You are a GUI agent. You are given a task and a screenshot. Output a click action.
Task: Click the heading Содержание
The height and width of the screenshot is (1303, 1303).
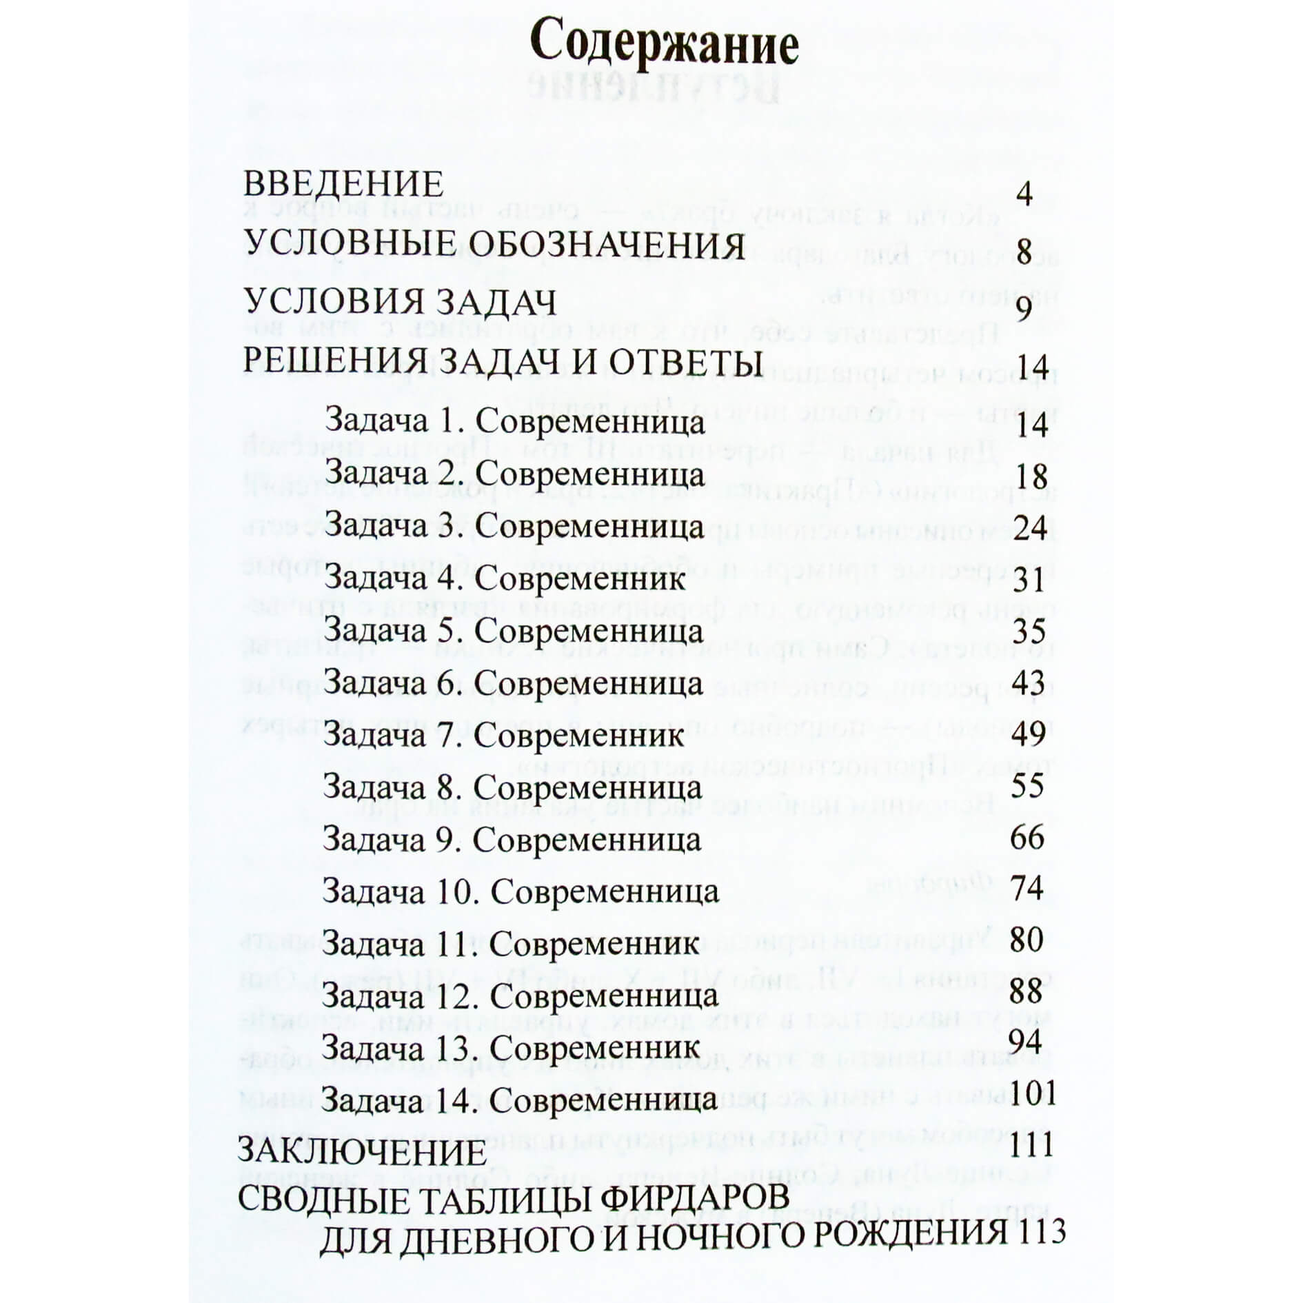664,46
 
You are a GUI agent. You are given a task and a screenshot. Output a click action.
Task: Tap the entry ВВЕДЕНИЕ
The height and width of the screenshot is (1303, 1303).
343,184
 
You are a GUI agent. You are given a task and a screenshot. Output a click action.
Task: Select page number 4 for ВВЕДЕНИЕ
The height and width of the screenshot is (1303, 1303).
1024,196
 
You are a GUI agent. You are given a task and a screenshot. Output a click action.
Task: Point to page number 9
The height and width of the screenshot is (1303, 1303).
1024,308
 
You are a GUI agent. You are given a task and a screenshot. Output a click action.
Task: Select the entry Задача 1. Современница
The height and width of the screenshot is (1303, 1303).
514,423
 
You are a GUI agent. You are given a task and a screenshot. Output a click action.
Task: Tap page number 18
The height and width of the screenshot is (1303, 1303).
1031,477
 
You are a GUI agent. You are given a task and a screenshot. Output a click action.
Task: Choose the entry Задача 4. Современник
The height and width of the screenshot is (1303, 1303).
505,578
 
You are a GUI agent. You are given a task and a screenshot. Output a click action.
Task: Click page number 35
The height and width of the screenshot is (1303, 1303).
1030,632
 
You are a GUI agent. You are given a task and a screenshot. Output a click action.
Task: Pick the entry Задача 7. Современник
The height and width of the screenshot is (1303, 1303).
503,735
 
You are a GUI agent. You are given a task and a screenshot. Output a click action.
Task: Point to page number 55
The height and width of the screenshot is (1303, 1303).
1028,786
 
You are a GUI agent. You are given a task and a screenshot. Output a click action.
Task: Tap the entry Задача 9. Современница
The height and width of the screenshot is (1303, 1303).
512,840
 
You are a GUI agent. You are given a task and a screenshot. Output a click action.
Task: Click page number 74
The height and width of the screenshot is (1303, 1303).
1027,889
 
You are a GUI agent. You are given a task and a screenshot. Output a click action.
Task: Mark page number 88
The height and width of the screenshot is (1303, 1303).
1027,991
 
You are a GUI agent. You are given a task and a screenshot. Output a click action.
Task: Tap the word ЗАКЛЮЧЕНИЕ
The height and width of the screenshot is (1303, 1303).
363,1153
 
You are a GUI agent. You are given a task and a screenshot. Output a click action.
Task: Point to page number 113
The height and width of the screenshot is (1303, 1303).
1040,1232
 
